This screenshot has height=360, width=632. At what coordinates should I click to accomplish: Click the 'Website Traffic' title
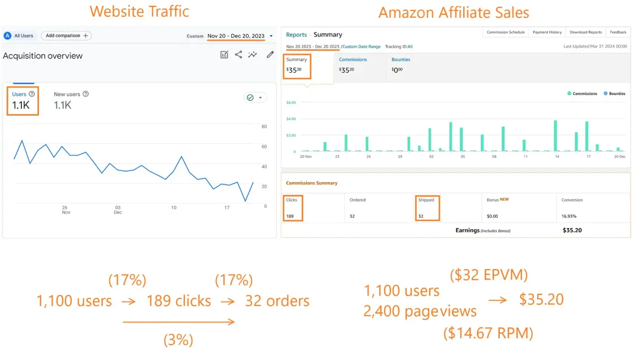[x=139, y=11]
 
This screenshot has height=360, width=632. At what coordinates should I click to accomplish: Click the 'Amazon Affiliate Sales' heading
[x=453, y=12]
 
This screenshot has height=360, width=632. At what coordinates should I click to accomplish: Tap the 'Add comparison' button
[x=66, y=36]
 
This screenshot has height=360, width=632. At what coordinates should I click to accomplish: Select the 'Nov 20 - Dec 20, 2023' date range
[x=236, y=36]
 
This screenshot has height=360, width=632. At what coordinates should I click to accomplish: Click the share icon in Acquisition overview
[x=238, y=55]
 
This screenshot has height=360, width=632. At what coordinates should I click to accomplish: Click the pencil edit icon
[x=270, y=55]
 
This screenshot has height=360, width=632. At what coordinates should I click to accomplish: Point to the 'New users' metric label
[x=67, y=94]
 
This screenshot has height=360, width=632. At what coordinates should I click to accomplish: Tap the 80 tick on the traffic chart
[x=264, y=127]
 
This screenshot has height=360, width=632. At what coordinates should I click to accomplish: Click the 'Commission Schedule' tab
[x=506, y=32]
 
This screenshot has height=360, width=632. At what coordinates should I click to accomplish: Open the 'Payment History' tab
[x=547, y=32]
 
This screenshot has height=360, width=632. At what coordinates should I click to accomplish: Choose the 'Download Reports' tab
[x=586, y=32]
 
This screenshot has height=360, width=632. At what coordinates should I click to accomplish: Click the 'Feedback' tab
[x=618, y=32]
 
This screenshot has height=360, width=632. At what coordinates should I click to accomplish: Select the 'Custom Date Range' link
[x=362, y=46]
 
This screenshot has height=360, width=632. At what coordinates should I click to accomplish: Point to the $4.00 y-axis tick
[x=291, y=119]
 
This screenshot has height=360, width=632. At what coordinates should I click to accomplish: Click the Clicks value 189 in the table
[x=290, y=216]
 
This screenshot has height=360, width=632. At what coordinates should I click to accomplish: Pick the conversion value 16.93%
[x=569, y=216]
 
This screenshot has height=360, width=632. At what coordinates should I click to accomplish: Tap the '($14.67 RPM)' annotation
[x=488, y=333]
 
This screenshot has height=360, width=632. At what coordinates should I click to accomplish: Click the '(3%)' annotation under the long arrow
[x=178, y=340]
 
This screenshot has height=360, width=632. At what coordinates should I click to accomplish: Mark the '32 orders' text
[x=277, y=301]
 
